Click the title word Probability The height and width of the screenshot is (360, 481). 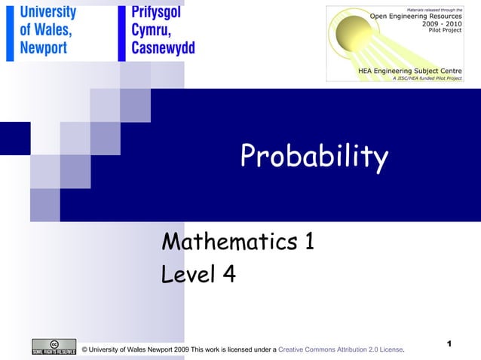(x=314, y=157)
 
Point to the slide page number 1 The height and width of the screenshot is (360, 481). (x=449, y=343)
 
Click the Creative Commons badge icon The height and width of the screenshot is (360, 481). (x=54, y=346)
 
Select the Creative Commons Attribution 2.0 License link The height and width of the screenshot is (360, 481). (x=341, y=350)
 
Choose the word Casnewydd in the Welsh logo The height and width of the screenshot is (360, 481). (x=163, y=48)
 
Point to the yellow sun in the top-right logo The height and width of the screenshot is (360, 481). (x=355, y=34)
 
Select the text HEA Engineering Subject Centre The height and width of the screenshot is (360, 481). (x=410, y=70)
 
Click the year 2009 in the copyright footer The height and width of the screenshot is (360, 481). (x=179, y=350)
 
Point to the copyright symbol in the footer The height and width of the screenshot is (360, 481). (x=84, y=350)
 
